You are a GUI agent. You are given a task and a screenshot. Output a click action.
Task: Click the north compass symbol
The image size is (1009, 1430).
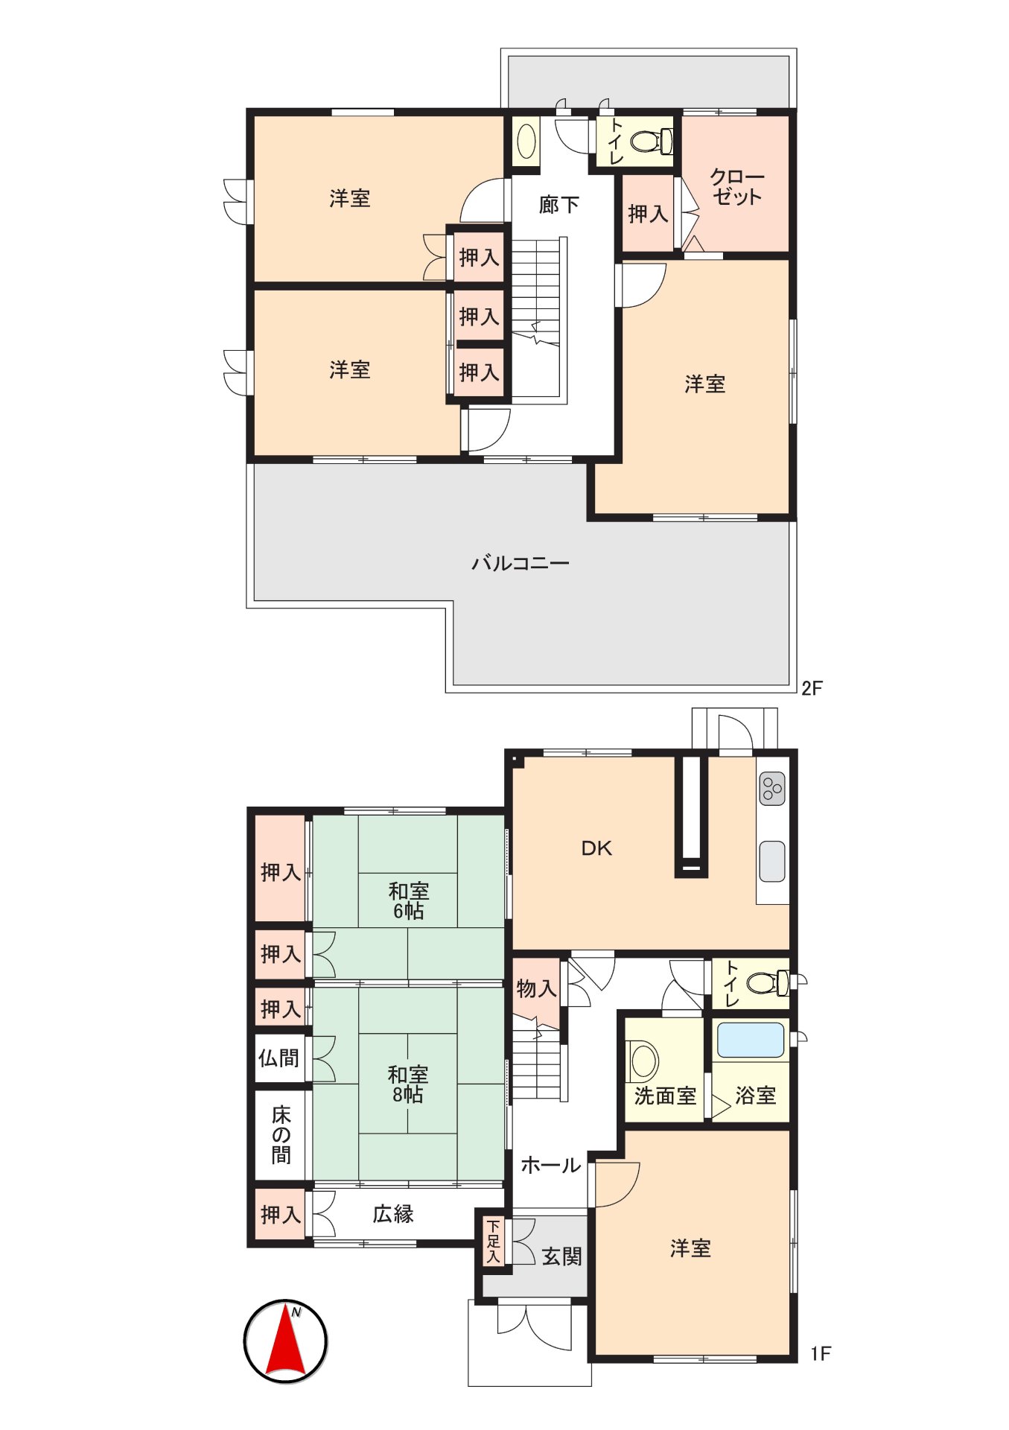pos(286,1341)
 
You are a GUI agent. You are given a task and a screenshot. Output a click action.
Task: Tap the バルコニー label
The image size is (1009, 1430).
pos(520,563)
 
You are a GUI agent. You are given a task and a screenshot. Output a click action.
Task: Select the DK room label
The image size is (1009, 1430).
pos(596,848)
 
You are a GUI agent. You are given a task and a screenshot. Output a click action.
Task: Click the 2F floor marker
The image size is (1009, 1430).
pos(812,688)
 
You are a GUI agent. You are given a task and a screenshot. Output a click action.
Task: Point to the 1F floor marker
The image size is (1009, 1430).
pos(821,1353)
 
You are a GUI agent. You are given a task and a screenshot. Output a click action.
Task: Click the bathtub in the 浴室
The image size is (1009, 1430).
pos(750,1040)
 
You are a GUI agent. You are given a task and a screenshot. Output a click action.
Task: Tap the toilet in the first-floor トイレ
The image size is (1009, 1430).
pos(767,982)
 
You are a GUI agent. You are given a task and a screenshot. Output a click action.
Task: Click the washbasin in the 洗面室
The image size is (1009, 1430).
pos(643,1060)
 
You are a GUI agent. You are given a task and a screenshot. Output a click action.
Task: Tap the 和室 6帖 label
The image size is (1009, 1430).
pos(408,901)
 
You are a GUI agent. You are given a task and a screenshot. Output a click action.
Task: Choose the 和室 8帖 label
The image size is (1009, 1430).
pos(408,1084)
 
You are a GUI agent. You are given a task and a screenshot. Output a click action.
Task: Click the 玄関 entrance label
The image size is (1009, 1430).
pos(561,1256)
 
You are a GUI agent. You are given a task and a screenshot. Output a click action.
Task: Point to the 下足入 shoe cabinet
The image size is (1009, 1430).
pos(493,1241)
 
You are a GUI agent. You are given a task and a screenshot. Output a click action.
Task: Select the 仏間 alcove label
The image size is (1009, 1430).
pos(279,1058)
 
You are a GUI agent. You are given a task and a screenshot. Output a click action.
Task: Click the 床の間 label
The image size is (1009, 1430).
pos(281,1134)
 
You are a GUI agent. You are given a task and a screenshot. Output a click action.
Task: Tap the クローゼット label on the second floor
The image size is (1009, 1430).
pos(736,187)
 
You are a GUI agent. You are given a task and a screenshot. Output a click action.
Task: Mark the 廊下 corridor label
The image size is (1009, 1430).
pos(558,204)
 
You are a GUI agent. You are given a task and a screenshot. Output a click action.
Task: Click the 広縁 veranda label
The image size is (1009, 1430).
pos(392,1214)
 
